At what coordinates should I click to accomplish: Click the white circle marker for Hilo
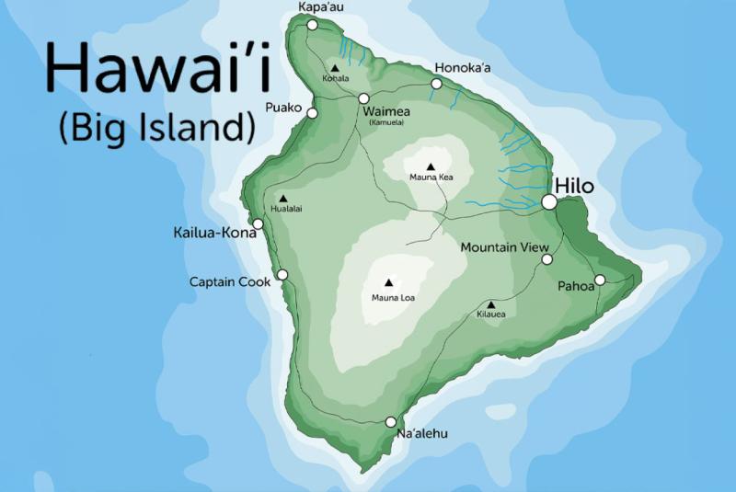click(549, 201)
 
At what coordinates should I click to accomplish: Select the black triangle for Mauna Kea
click(430, 166)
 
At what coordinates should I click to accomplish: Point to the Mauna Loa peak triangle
click(387, 283)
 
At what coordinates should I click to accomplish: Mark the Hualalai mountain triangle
click(282, 198)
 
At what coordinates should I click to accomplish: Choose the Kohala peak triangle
click(335, 68)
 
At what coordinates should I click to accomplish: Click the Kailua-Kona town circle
click(258, 223)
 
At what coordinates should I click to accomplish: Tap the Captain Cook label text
click(229, 281)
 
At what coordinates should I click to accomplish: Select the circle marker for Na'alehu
click(390, 422)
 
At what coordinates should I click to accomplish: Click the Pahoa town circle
click(599, 280)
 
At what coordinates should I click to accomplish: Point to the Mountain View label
click(504, 247)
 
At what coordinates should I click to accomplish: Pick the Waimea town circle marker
click(363, 98)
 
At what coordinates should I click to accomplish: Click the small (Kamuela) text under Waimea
click(386, 122)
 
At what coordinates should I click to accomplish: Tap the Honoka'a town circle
click(435, 85)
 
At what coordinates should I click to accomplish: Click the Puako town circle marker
click(313, 113)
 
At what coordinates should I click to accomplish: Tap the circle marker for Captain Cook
click(282, 274)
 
